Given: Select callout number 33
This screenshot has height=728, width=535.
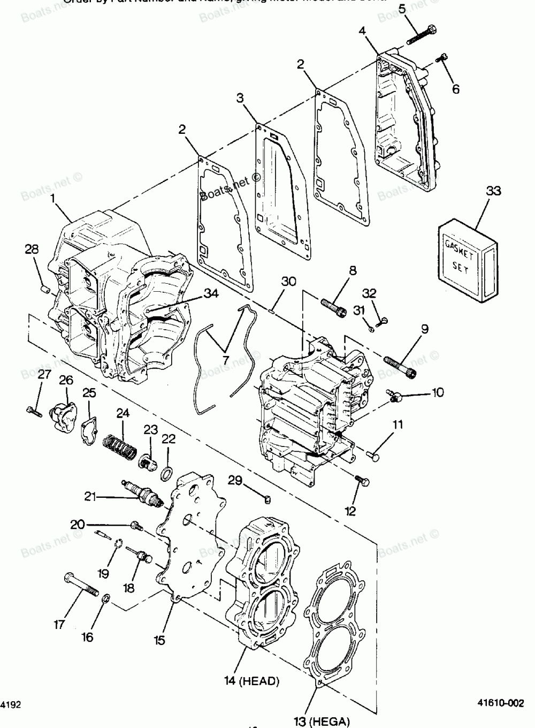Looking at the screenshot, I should pos(494,191).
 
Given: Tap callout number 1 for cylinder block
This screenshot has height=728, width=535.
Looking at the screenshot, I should pos(53,198).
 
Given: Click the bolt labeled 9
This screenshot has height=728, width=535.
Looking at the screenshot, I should pos(401,366).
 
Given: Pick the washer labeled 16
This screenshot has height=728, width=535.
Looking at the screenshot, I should pos(106,597).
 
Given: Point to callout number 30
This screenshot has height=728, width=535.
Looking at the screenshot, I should pos(289,282).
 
